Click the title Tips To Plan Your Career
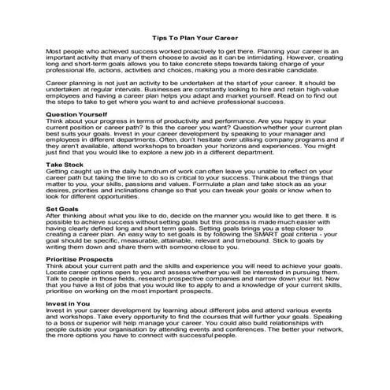coord(195,36)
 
